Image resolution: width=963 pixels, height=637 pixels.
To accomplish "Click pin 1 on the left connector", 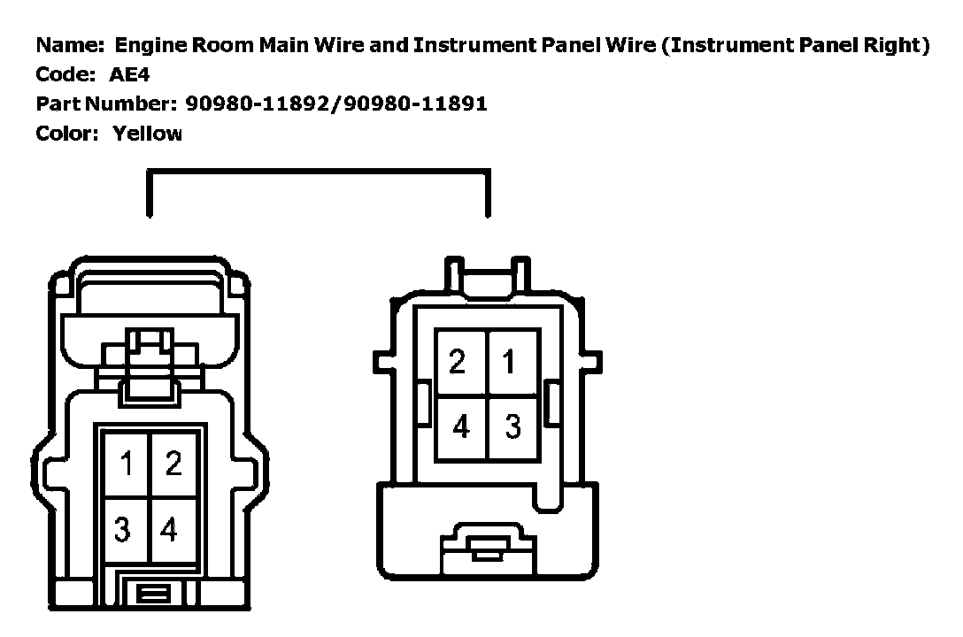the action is click(x=127, y=464).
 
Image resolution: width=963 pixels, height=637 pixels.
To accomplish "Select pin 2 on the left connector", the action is click(x=173, y=464).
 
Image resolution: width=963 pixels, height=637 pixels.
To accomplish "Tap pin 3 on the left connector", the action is click(x=124, y=530).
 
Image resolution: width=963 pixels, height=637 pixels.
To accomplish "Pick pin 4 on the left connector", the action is click(x=169, y=530).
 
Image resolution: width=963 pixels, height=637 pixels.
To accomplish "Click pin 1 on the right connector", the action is click(x=509, y=361).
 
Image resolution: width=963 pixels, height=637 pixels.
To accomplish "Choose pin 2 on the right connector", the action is click(x=458, y=362).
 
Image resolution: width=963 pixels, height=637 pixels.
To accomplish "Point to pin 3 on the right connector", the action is click(x=513, y=426).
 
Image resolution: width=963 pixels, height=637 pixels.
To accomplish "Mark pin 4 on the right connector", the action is click(x=460, y=426).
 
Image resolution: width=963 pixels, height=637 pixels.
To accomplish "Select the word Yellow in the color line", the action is click(x=147, y=134).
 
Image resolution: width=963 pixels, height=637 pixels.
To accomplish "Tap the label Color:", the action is click(x=67, y=134).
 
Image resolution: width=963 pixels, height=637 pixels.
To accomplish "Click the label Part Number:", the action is click(x=106, y=104).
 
